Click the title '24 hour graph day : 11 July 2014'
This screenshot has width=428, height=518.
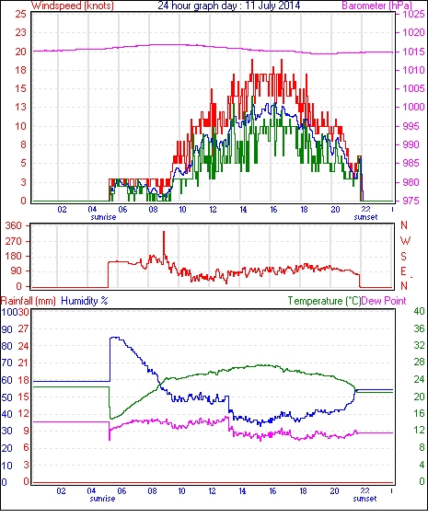coord(228,6)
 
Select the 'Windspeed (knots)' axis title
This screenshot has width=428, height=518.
coord(73,6)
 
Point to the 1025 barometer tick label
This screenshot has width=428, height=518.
coord(413,14)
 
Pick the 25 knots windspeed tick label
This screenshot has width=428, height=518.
coord(20,14)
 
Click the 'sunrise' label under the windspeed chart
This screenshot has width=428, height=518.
coord(103,217)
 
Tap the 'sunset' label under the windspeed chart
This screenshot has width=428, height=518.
coord(365,217)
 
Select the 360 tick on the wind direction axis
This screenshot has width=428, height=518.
coord(14,225)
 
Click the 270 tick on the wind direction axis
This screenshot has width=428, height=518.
coord(14,241)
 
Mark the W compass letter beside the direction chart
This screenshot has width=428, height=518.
coord(405,241)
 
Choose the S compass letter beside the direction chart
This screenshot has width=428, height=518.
coord(403,256)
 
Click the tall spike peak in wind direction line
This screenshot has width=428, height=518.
coord(164,232)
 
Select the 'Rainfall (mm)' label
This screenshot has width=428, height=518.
coord(29,301)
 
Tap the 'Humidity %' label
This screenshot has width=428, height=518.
coord(85,301)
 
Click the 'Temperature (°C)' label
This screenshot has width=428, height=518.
coord(324,301)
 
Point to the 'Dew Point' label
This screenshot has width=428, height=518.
coord(384,301)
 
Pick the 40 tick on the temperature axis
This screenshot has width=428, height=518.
coord(419,311)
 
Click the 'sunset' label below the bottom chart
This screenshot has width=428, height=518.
coord(364,498)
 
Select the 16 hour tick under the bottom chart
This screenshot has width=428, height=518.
coord(272,491)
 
